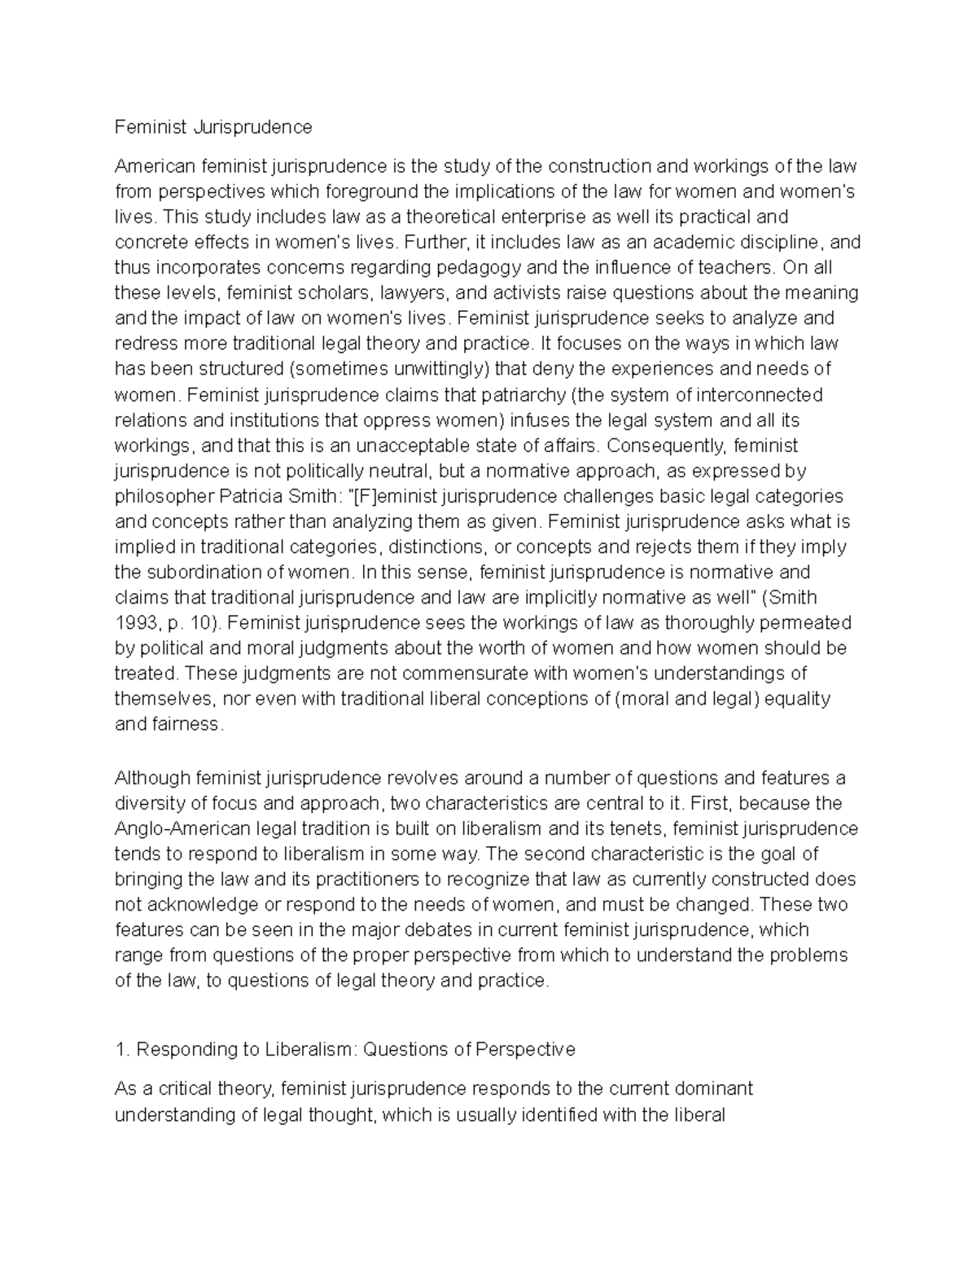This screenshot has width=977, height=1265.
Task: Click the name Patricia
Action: click(x=252, y=496)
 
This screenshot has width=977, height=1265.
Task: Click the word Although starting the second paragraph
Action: click(x=152, y=778)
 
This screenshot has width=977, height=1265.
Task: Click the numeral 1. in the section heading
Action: click(x=122, y=1050)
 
